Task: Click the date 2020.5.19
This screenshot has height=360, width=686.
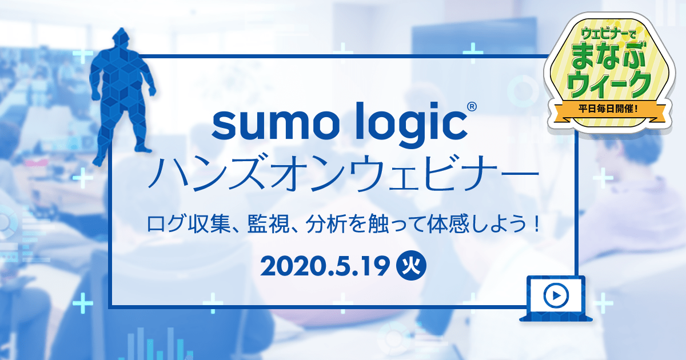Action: (325, 266)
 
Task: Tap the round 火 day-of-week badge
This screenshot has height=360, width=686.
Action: (411, 266)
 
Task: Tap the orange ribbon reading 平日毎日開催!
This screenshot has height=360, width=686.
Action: (608, 109)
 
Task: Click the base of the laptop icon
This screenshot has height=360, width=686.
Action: (556, 318)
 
